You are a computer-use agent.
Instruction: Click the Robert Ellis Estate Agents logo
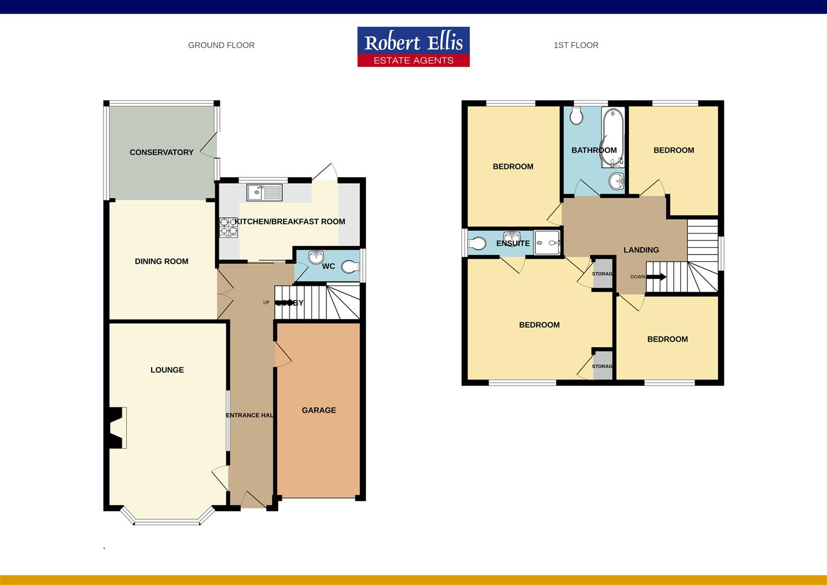pyautogui.click(x=413, y=47)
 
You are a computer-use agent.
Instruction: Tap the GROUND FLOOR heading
pyautogui.click(x=221, y=45)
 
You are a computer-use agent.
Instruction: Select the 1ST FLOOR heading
pyautogui.click(x=576, y=45)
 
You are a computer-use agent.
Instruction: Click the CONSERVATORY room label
pyautogui.click(x=161, y=152)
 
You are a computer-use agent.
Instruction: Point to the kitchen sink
pyautogui.click(x=264, y=192)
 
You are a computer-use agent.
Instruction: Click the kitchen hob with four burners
pyautogui.click(x=228, y=227)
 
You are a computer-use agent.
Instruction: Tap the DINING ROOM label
pyautogui.click(x=161, y=261)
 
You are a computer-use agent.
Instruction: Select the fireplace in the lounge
pyautogui.click(x=117, y=428)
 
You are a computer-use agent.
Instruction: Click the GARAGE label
pyautogui.click(x=319, y=410)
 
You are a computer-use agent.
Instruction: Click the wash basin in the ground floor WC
pyautogui.click(x=316, y=257)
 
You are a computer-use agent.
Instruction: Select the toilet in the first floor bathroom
pyautogui.click(x=575, y=115)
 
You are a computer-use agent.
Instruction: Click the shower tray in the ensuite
pyautogui.click(x=547, y=242)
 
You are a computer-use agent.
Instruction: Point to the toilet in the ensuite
pyautogui.click(x=477, y=243)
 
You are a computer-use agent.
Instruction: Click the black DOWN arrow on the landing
pyautogui.click(x=657, y=277)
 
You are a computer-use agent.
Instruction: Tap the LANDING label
pyautogui.click(x=641, y=250)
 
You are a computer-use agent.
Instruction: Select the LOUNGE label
pyautogui.click(x=167, y=370)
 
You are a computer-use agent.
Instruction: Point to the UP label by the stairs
pyautogui.click(x=266, y=302)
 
